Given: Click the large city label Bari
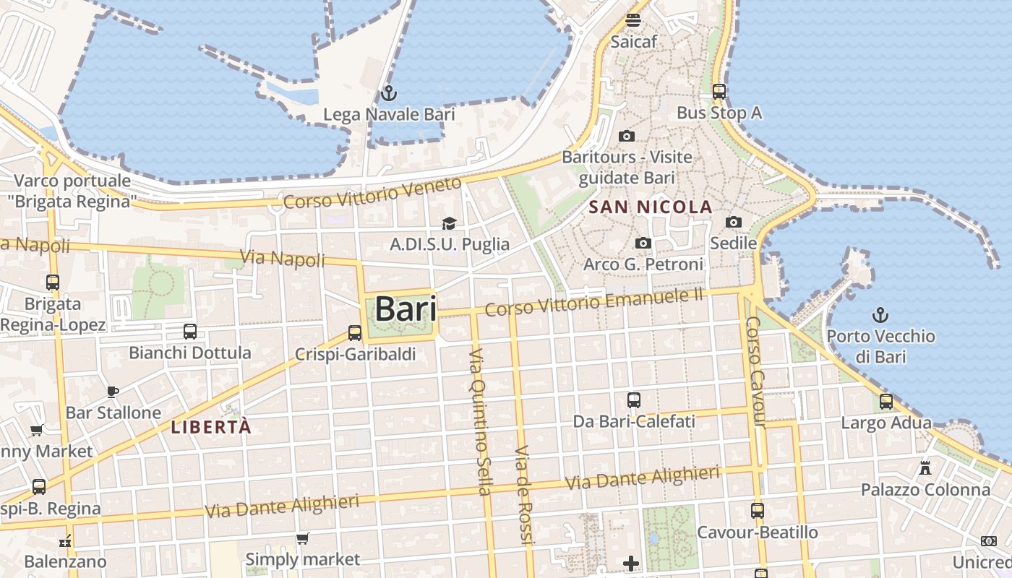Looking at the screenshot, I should pos(406,309).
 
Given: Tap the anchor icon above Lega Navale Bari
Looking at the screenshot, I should pos(389,93).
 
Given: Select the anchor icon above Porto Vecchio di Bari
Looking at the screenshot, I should pos(880,315).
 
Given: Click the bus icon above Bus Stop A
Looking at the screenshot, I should pos(719,92).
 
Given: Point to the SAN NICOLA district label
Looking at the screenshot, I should pos(651,207).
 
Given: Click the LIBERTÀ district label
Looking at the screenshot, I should pos(211,427).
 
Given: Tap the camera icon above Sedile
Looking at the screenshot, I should pos(734,222).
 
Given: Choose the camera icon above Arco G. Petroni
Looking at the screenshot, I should pos(643,243).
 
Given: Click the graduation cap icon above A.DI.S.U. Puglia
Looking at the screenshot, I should pos(450,223).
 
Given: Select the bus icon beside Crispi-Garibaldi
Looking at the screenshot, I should pos(354,333).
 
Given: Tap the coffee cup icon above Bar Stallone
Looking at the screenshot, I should pos(113,392).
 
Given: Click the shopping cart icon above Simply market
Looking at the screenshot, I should pos(303,538).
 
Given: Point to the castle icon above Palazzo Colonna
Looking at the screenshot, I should pos(925,468).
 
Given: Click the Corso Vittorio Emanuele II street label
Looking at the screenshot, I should pos(594,301).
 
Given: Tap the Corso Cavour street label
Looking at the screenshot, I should pos(756,371).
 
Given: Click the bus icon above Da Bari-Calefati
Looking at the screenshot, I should pos(634,400).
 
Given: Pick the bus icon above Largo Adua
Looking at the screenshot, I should pos(886,402).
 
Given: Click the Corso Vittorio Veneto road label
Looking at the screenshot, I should pos(372,193).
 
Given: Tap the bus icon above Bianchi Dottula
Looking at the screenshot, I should pos(190,332).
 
